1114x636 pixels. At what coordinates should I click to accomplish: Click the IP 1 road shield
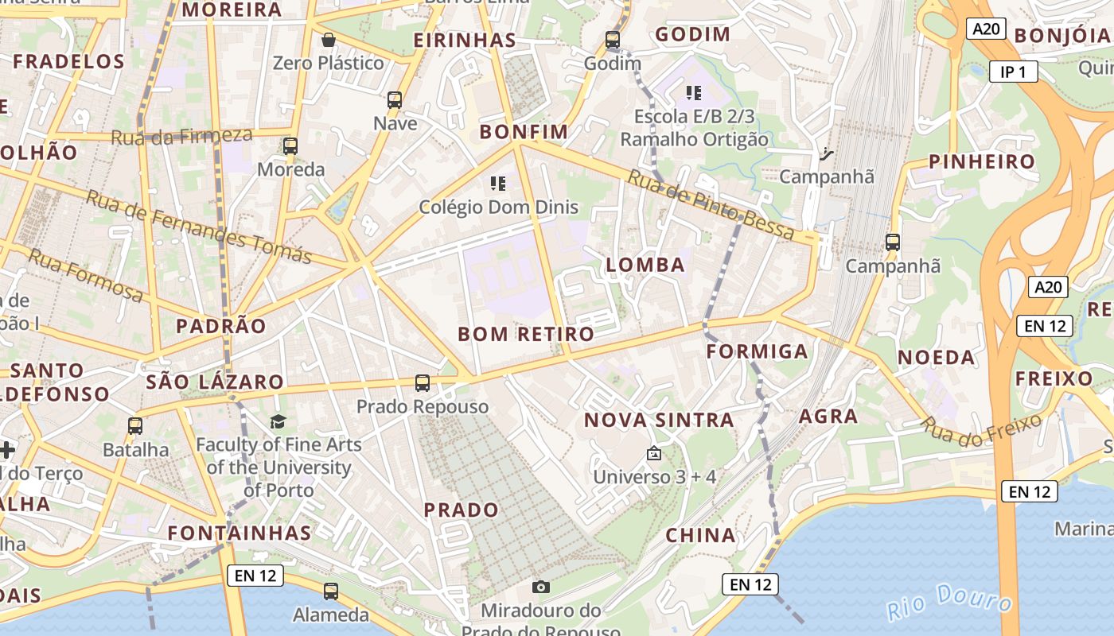[1013, 72]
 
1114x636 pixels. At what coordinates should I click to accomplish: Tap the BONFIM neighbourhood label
[524, 132]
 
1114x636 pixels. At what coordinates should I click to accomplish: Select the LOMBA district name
[645, 266]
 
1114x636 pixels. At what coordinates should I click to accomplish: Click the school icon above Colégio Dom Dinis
[498, 184]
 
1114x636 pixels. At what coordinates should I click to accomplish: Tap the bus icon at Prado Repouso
[423, 383]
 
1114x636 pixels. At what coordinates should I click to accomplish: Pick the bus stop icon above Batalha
[135, 426]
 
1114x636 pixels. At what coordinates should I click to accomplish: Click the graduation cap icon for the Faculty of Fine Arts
[278, 421]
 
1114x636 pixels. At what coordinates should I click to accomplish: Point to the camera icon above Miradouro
[541, 587]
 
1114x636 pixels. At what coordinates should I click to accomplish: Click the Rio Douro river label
[952, 602]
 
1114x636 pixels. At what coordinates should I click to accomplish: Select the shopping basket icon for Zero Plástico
[328, 40]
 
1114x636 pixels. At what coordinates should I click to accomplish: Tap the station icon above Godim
[612, 39]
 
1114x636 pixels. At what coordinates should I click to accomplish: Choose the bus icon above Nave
[395, 100]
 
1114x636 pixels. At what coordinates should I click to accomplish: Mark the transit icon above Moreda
[290, 146]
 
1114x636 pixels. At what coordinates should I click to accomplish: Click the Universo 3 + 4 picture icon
[654, 454]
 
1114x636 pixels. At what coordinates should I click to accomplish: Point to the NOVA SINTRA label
[659, 421]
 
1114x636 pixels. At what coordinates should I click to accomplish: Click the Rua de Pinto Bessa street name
[711, 204]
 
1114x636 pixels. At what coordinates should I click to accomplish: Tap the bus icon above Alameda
[331, 591]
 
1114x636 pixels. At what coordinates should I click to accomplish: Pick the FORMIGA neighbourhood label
[757, 351]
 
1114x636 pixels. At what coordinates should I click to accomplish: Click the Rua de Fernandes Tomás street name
[198, 227]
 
